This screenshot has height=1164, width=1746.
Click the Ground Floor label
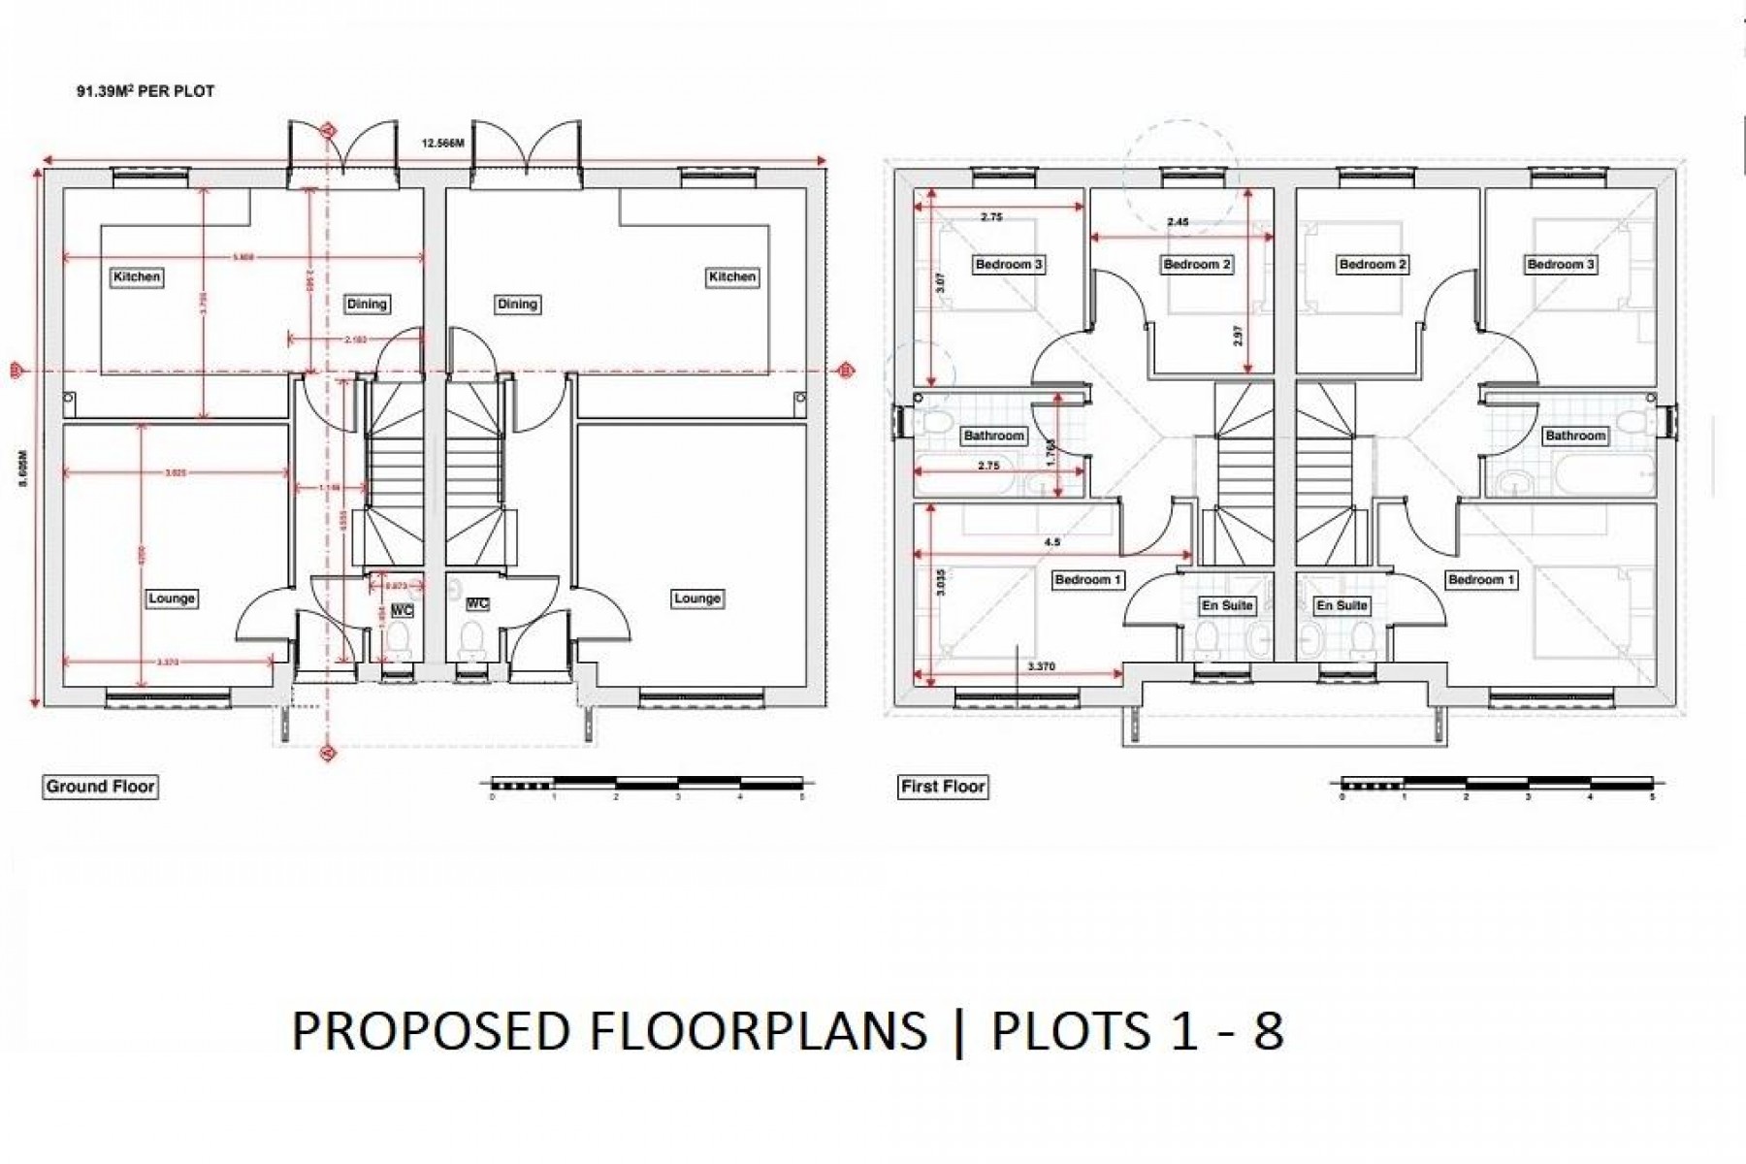[101, 786]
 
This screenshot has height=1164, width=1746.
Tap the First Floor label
[943, 786]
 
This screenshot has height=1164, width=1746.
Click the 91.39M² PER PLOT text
[145, 91]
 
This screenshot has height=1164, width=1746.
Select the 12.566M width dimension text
[442, 144]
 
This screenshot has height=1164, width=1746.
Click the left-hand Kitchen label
[137, 276]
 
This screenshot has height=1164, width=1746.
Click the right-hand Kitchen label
[731, 276]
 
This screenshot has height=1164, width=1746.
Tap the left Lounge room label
[172, 598]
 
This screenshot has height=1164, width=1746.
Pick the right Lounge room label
[696, 598]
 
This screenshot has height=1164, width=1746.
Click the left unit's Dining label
[367, 304]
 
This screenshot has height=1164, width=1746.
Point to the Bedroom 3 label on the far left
[1009, 264]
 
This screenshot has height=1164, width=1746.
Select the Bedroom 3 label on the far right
[1561, 264]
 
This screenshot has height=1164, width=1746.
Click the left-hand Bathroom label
[993, 436]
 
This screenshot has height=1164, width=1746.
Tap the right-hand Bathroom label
[1575, 436]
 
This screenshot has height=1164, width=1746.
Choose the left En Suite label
[1227, 605]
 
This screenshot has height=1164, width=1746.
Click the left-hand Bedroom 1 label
[1087, 579]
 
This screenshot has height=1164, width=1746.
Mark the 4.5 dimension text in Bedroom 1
[1051, 543]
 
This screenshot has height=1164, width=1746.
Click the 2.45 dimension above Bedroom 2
[1178, 222]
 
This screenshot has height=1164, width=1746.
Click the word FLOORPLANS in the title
[758, 1030]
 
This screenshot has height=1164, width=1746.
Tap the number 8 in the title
[1268, 1030]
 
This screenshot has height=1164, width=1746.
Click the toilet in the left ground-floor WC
[398, 640]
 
